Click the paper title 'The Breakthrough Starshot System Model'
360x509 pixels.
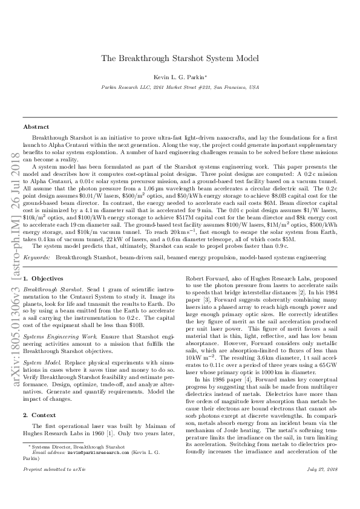click(180, 59)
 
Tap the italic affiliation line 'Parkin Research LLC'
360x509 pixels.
click(180, 87)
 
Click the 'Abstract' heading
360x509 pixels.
click(36, 128)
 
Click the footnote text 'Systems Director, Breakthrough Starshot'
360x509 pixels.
click(70, 446)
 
